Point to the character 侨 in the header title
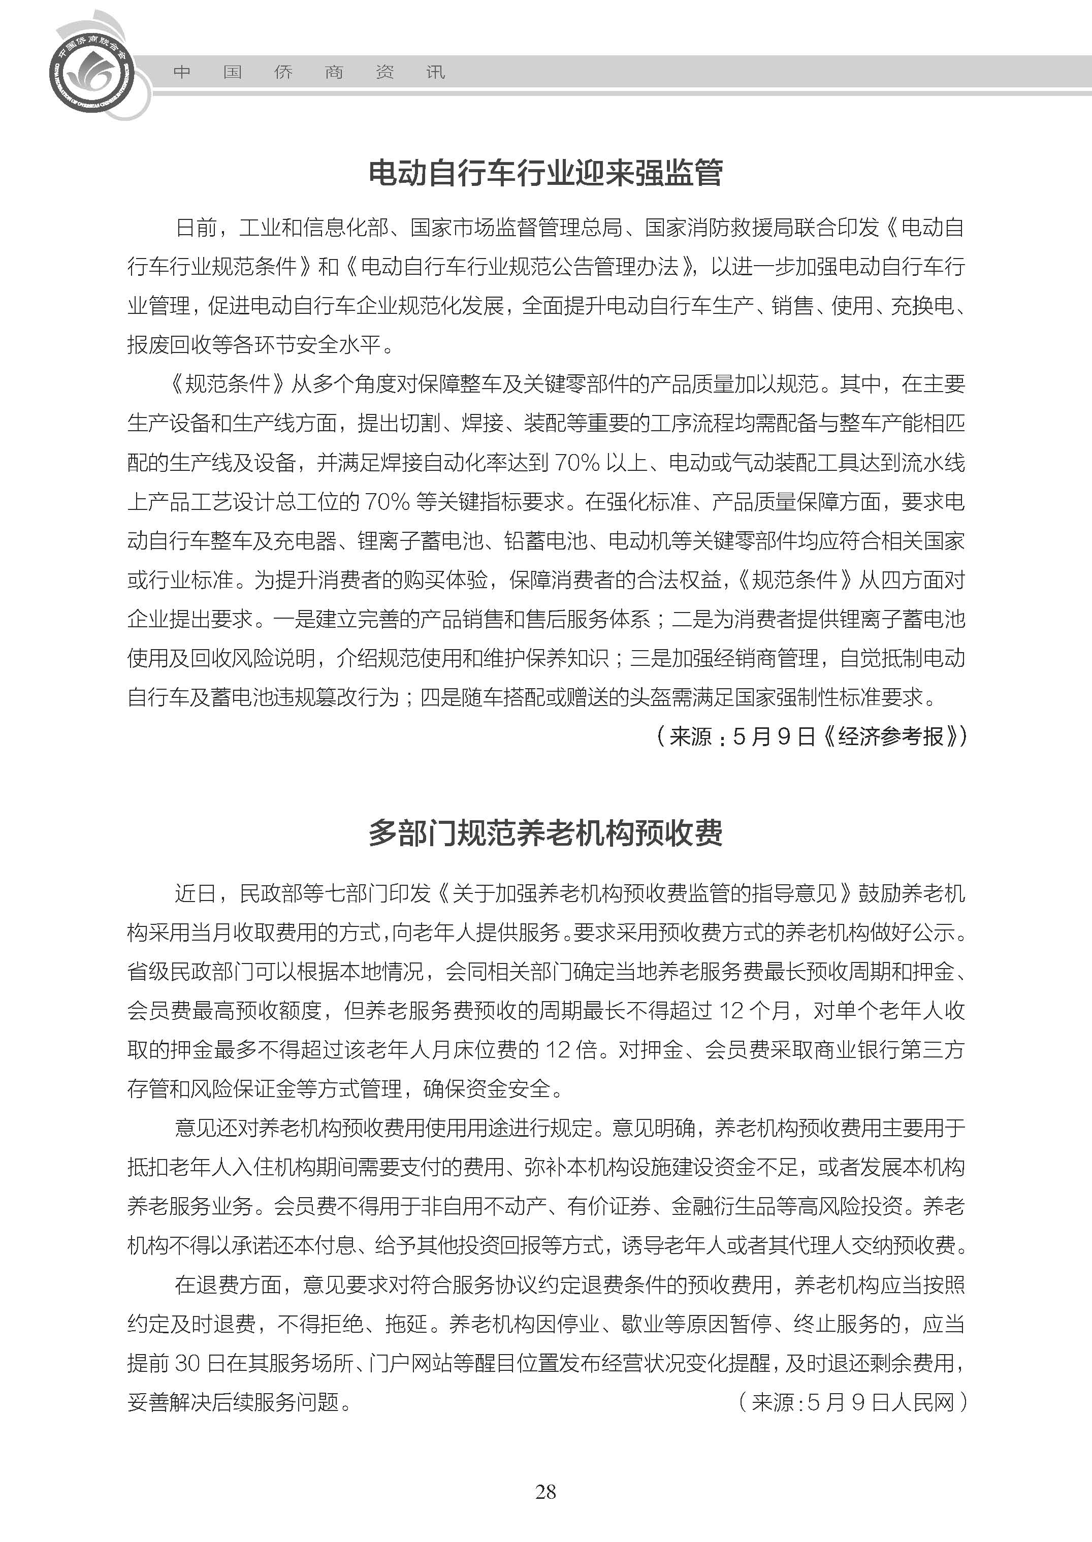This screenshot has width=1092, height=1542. pyautogui.click(x=283, y=73)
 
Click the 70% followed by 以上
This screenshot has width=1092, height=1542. pyautogui.click(x=576, y=463)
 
